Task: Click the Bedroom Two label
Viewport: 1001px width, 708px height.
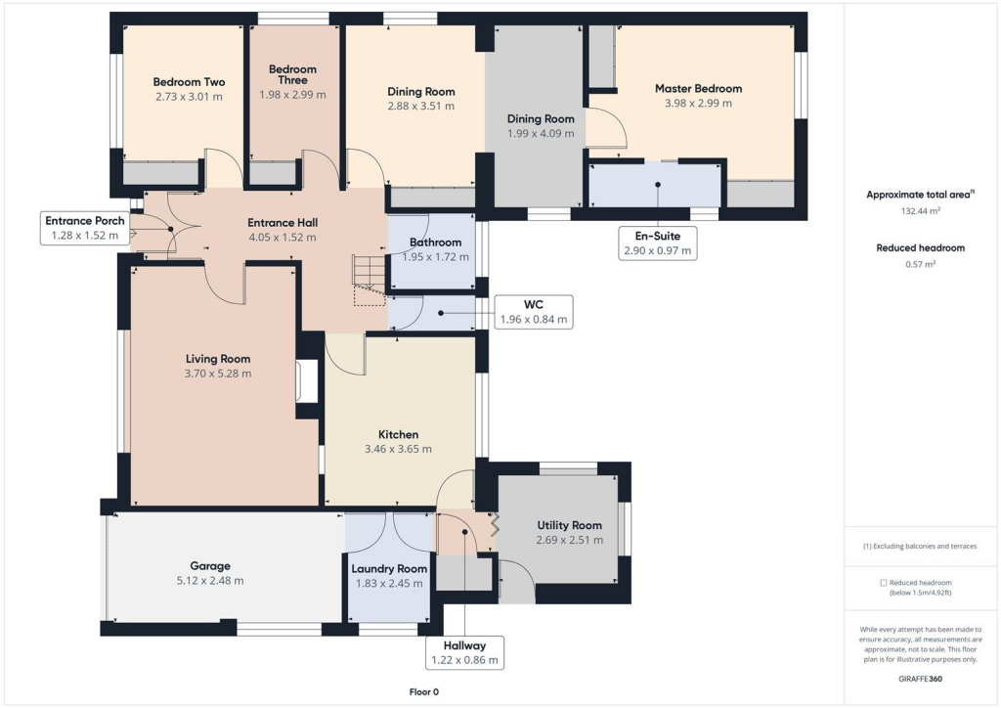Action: pyautogui.click(x=189, y=82)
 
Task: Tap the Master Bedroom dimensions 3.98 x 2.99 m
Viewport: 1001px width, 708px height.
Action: pyautogui.click(x=698, y=103)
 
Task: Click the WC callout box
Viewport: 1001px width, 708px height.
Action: pyautogui.click(x=534, y=312)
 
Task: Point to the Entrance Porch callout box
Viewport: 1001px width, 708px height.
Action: pyautogui.click(x=84, y=227)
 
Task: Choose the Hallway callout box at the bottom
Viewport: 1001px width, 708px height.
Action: pyautogui.click(x=464, y=652)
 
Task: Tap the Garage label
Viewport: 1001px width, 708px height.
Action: pyautogui.click(x=210, y=565)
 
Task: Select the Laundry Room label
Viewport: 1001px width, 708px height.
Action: pyautogui.click(x=389, y=568)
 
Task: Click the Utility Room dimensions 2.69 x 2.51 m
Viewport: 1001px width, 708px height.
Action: pyautogui.click(x=569, y=540)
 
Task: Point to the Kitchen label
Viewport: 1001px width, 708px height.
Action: pyautogui.click(x=398, y=434)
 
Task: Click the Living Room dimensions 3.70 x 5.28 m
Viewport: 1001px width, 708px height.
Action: pyautogui.click(x=218, y=374)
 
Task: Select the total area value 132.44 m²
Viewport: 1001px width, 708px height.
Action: pyautogui.click(x=920, y=210)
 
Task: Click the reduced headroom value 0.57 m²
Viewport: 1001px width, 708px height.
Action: pyautogui.click(x=920, y=264)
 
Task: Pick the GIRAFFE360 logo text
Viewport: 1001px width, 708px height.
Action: pyautogui.click(x=920, y=678)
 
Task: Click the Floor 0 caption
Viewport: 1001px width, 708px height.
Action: pyautogui.click(x=423, y=691)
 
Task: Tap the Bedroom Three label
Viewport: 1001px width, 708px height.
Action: pyautogui.click(x=292, y=74)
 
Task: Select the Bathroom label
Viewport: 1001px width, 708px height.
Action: pyautogui.click(x=435, y=242)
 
